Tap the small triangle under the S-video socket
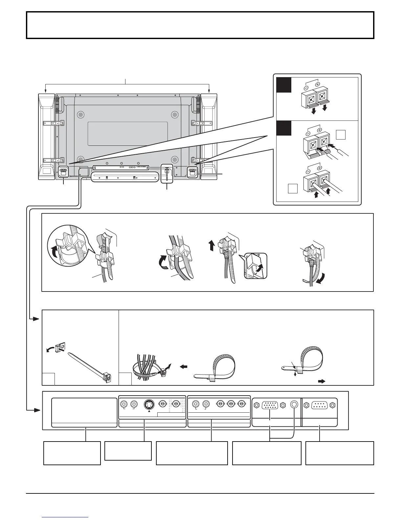coord(149,411)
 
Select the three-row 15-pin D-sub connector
coord(269,405)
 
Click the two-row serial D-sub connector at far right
coord(320,405)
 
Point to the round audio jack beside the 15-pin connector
coord(294,405)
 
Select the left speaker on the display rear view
coord(46,137)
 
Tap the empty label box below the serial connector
coord(340,453)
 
